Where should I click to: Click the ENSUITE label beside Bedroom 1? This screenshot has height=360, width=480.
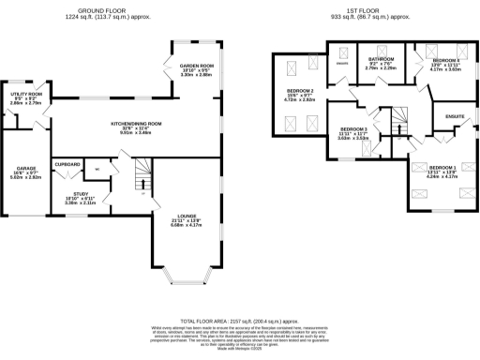pos(454,117)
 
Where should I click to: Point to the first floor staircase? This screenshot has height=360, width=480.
pos(397,119)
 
